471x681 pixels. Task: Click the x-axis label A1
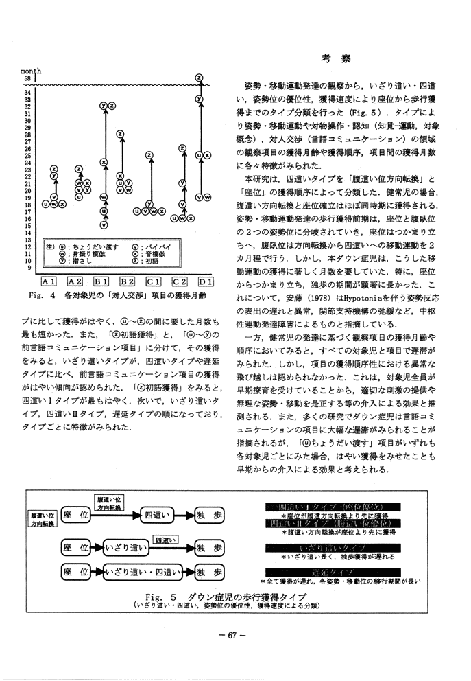(48, 281)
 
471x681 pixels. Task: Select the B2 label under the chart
(128, 281)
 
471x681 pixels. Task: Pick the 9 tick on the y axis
(28, 268)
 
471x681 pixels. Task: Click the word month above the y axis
(32, 71)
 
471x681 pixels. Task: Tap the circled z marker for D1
(199, 77)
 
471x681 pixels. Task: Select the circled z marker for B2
(120, 135)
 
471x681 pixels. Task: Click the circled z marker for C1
(149, 155)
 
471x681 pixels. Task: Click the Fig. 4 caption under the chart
(120, 295)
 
